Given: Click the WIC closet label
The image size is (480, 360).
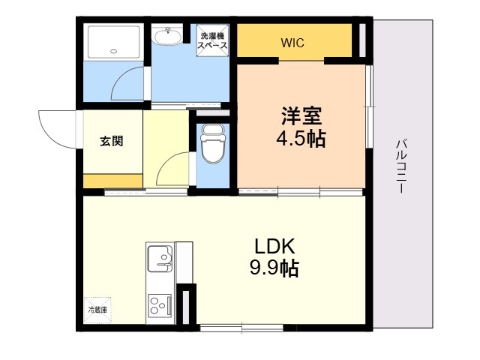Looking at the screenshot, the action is (x=292, y=43).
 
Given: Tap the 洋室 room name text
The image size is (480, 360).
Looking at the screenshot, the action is (x=301, y=115).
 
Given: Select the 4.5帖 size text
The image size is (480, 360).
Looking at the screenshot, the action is (x=301, y=139).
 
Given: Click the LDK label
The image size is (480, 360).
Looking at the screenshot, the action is (x=274, y=246).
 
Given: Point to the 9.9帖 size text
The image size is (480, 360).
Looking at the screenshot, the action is (x=274, y=268).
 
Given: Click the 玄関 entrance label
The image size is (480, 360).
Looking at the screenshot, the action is (x=112, y=141).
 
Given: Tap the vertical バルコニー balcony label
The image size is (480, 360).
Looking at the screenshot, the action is (x=402, y=166).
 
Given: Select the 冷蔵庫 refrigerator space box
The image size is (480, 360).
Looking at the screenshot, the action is (x=98, y=310).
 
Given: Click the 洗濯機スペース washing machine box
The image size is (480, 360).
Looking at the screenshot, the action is (x=212, y=40).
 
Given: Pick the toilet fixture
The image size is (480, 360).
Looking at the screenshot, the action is (x=212, y=144).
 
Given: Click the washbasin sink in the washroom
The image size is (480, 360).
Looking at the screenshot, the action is (x=167, y=37).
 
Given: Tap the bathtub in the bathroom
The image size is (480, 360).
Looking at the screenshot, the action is (x=114, y=42).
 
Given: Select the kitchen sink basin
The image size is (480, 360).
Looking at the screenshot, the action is (x=160, y=259).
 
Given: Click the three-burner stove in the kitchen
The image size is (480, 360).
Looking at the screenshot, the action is (x=160, y=305).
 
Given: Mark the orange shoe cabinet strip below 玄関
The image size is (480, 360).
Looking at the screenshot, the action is (x=112, y=181).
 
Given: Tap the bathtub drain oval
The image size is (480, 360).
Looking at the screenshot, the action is (x=114, y=51).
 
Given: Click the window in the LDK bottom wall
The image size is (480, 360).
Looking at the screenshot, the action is (x=241, y=328).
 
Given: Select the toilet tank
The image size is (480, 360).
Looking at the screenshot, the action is (x=213, y=130).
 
